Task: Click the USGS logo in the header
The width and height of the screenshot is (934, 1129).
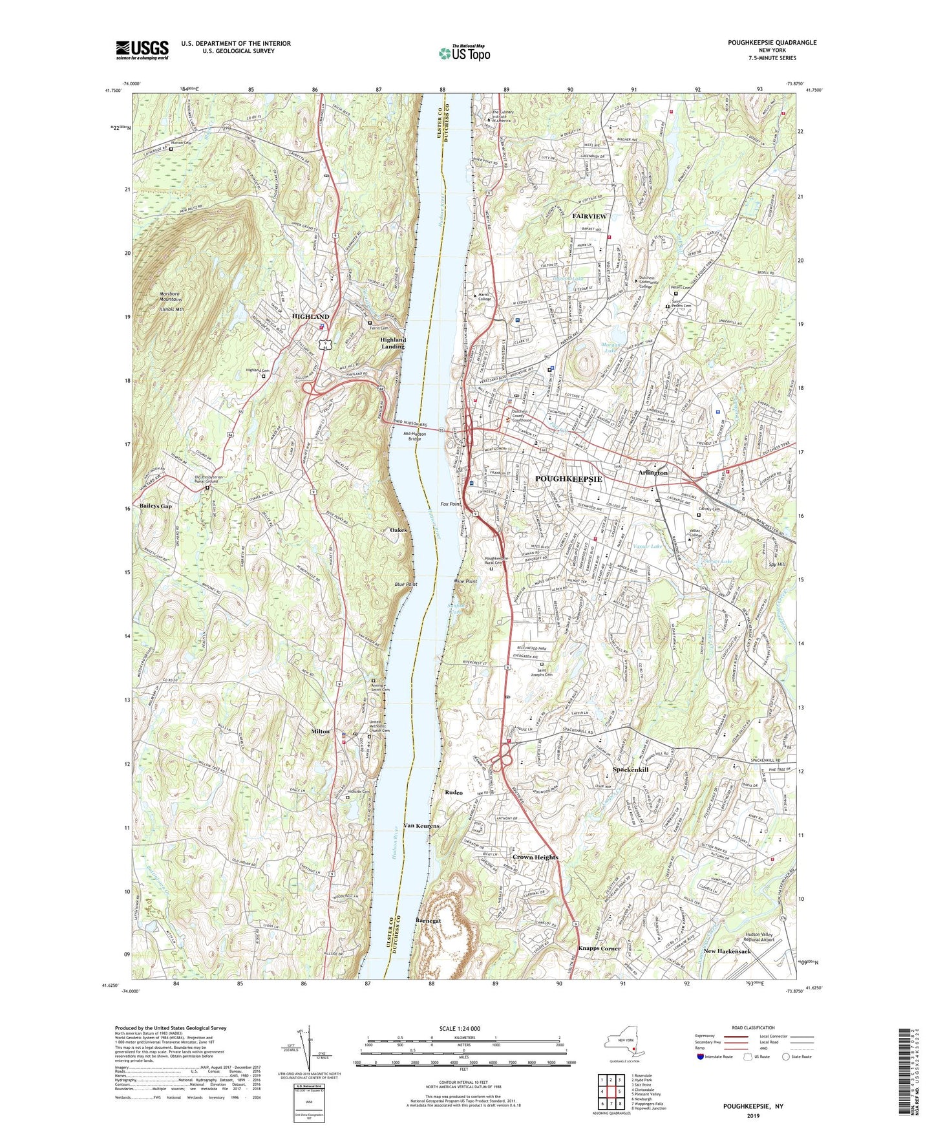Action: point(142,49)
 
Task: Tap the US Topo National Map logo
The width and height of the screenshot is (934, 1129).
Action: point(463,52)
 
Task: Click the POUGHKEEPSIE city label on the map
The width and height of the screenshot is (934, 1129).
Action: point(568,479)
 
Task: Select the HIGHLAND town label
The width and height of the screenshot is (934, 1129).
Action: point(310,317)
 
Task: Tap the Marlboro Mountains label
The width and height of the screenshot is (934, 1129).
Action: point(171,297)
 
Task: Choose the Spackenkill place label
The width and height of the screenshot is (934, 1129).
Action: point(630,770)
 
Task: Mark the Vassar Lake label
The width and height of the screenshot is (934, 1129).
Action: point(647,546)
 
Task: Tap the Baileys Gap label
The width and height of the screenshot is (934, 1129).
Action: point(155,506)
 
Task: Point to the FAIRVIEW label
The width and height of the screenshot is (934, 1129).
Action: point(589,216)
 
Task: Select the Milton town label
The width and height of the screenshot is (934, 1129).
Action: point(320,731)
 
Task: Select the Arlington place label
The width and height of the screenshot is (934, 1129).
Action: point(653,473)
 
